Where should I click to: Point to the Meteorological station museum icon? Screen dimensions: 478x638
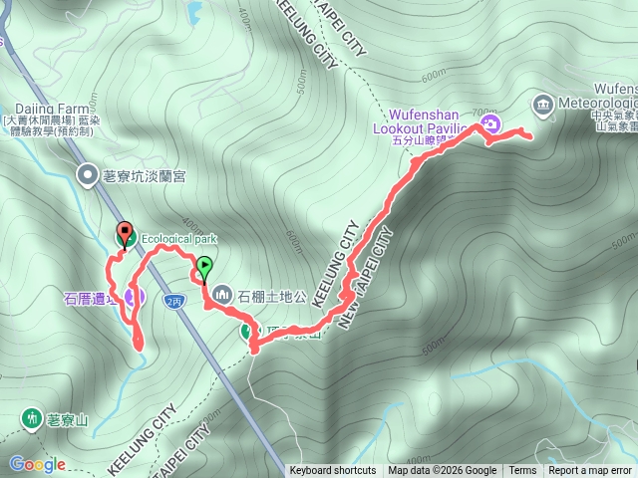click(543, 104)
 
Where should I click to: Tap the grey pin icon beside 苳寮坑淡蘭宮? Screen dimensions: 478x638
click(88, 175)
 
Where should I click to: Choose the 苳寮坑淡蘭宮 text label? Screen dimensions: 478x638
click(144, 176)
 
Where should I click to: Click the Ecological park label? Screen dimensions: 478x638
click(178, 239)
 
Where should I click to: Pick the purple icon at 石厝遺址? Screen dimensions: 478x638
click(134, 296)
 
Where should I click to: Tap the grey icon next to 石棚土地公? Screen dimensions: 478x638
click(221, 295)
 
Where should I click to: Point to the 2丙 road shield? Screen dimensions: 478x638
click(175, 299)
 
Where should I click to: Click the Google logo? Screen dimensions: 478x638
click(37, 464)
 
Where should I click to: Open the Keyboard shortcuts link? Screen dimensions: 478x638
click(333, 471)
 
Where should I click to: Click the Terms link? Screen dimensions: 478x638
click(522, 471)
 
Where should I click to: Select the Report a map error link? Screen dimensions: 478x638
click(590, 471)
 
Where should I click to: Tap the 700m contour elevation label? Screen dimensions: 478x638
click(483, 112)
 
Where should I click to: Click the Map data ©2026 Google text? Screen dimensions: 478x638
click(443, 471)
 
